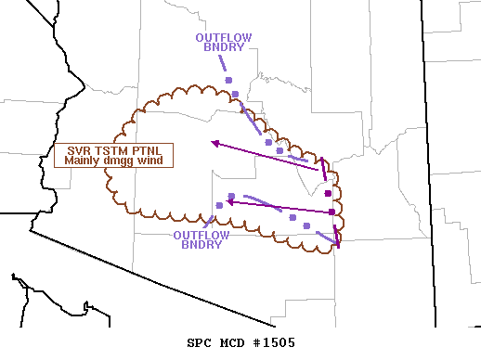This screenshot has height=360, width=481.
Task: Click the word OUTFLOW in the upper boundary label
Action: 223,38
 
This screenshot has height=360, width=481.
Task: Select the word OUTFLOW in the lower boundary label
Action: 201,235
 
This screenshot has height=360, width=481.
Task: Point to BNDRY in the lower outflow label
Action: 201,245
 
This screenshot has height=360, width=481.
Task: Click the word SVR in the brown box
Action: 79,150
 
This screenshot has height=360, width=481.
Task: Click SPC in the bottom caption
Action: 200,342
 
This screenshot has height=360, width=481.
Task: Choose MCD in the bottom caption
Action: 232,342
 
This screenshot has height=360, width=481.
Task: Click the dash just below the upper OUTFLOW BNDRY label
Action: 222,63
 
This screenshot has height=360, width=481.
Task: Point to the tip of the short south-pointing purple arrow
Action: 338,248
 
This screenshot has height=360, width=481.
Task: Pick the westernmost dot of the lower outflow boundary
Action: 219,205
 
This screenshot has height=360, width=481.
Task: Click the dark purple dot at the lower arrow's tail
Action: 331,212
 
